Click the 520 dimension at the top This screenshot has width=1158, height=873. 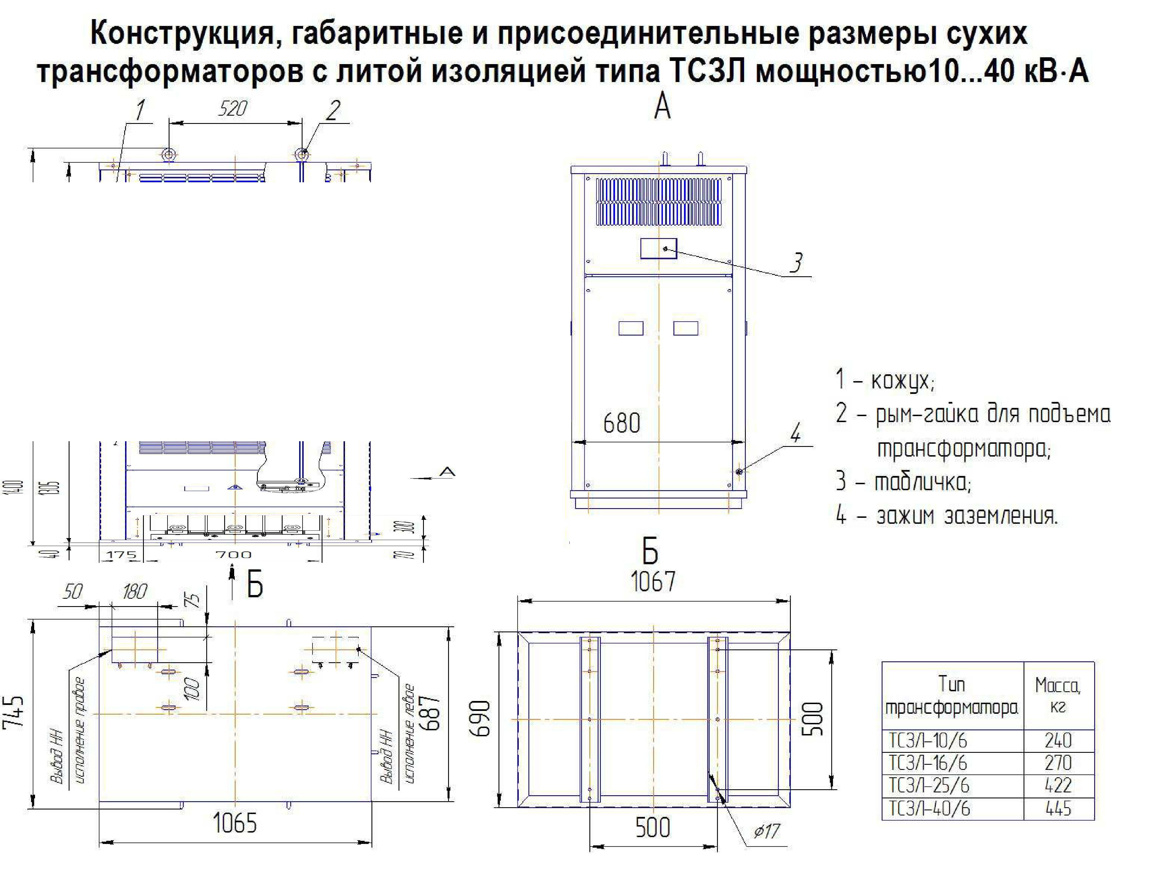[232, 109]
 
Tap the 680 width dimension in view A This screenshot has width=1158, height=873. [621, 423]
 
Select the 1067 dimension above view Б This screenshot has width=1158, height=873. [653, 581]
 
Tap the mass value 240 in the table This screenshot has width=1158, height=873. [1058, 741]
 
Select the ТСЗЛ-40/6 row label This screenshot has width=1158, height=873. [929, 809]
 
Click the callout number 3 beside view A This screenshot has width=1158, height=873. [796, 263]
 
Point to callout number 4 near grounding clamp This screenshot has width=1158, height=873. [795, 433]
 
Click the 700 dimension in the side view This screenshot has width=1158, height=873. [233, 554]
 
